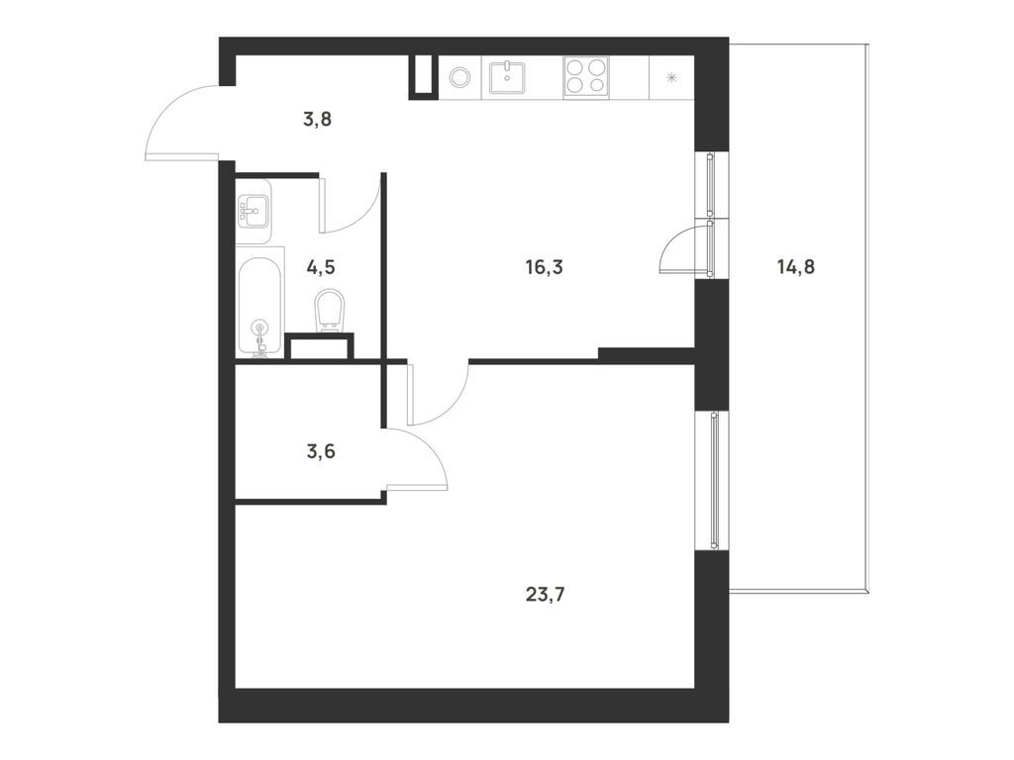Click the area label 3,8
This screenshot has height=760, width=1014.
317,120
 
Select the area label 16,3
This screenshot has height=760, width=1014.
544,266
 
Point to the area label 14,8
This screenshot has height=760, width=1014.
795,266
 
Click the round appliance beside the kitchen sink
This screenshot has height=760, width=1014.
458,77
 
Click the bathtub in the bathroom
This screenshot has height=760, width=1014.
260,302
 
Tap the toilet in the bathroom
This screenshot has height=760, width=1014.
330,311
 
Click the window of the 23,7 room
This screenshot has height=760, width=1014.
715,480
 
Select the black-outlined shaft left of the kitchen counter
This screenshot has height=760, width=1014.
423,77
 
